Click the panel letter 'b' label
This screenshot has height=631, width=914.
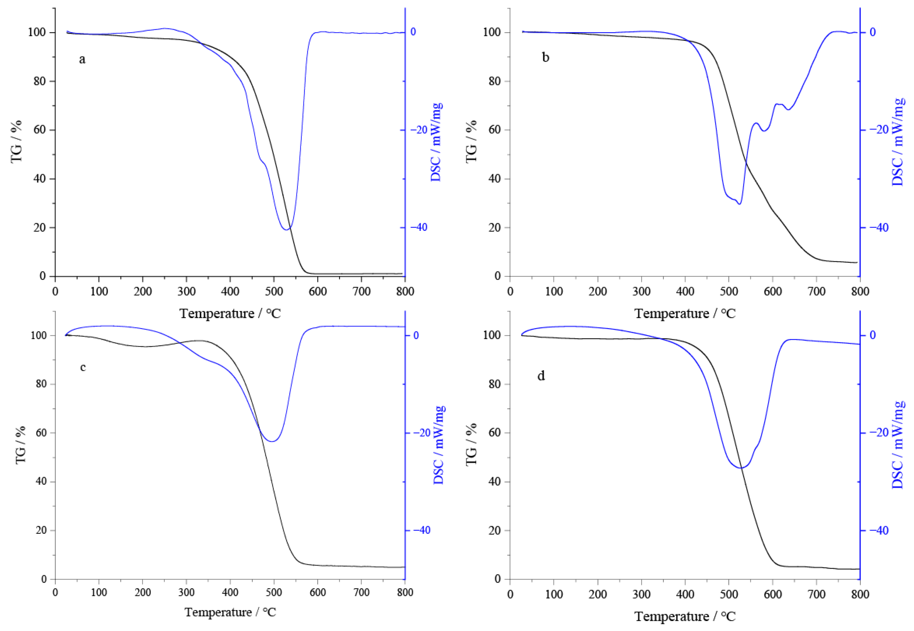tap(545, 58)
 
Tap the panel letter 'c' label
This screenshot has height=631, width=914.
tap(83, 367)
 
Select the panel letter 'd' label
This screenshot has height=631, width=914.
tap(541, 375)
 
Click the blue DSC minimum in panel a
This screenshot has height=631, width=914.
tap(286, 229)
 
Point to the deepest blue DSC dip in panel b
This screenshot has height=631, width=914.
tap(739, 204)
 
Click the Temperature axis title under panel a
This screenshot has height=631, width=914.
tap(230, 313)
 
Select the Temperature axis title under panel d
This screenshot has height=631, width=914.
tap(685, 616)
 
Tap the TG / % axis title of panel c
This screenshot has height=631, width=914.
tap(21, 445)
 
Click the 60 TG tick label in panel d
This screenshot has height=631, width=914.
tap(495, 432)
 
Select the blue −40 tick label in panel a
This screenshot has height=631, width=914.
tap(419, 227)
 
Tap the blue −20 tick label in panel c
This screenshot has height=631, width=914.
tap(422, 432)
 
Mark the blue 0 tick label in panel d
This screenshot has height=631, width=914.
tap(872, 335)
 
